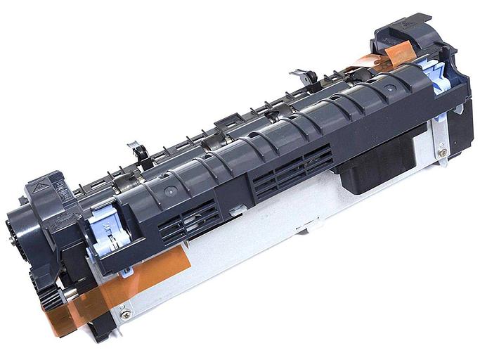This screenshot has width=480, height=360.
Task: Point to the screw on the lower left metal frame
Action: [125, 314]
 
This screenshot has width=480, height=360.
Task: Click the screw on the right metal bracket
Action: [443, 151]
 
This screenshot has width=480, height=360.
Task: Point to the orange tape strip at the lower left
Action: [112, 288]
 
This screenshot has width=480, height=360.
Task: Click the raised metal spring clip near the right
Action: [304, 77]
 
